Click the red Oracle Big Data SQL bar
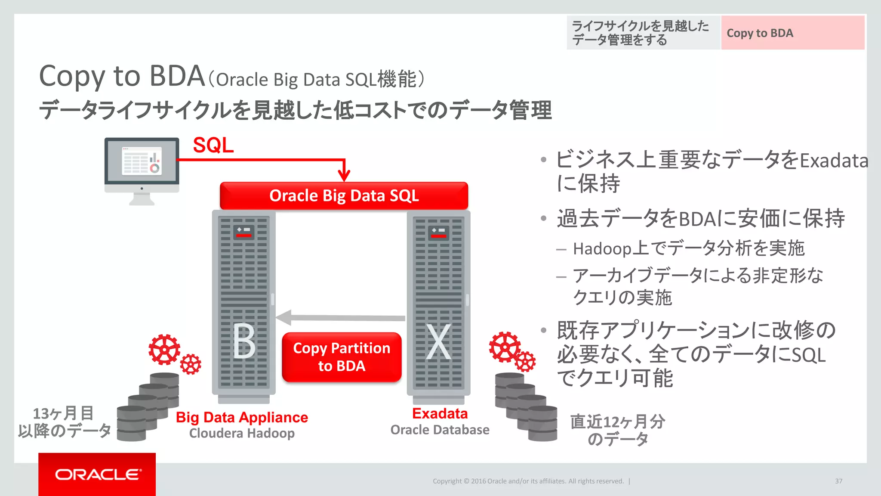point(344,196)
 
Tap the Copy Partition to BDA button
point(342,357)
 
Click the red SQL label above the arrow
point(213,145)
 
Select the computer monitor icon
point(142,170)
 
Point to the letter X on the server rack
point(438,342)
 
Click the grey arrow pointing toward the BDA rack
point(340,318)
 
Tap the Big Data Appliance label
point(242,417)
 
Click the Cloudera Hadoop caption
point(242,433)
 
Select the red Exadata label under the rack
point(440,413)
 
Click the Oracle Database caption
point(440,430)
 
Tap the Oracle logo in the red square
point(97,474)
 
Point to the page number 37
point(838,481)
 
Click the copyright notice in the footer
point(528,481)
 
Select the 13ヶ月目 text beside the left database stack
point(63,413)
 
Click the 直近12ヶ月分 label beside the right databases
point(617,422)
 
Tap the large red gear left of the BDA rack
point(164,349)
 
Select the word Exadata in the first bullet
point(834,161)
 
